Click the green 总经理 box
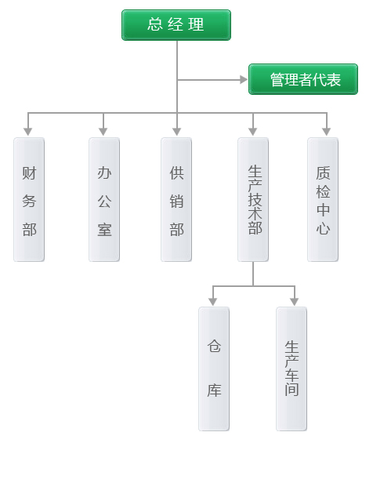(x=176, y=25)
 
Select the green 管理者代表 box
(x=303, y=79)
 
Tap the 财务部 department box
(x=29, y=200)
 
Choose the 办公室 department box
(x=104, y=200)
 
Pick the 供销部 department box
(x=176, y=200)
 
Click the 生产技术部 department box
(x=253, y=200)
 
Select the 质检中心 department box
(x=323, y=200)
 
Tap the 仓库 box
(x=214, y=369)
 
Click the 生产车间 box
(x=292, y=369)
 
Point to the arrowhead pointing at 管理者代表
(x=244, y=80)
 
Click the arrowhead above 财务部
(x=28, y=132)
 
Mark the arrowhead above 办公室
(x=103, y=132)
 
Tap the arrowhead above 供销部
(x=176, y=132)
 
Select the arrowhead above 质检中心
(x=327, y=132)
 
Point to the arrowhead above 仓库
(x=212, y=302)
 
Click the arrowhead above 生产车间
(x=295, y=302)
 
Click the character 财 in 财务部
(x=29, y=173)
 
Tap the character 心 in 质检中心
(x=323, y=229)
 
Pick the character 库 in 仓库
(x=214, y=390)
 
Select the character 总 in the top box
(x=155, y=24)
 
